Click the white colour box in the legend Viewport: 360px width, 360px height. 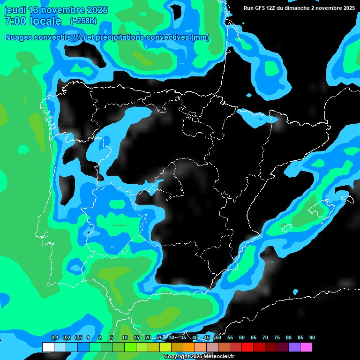[x=48, y=347]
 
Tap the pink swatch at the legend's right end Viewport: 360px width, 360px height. [x=306, y=347]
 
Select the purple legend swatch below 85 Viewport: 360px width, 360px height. [x=294, y=347]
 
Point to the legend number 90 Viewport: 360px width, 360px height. [x=312, y=337]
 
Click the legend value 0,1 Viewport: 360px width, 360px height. [x=55, y=337]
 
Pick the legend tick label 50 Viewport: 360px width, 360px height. [x=218, y=337]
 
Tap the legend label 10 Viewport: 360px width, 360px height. [x=125, y=337]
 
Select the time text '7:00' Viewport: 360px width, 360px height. [x=14, y=21]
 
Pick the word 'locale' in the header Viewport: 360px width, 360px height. [x=45, y=21]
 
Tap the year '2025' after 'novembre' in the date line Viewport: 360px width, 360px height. [x=96, y=10]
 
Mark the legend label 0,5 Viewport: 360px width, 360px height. [x=78, y=337]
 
